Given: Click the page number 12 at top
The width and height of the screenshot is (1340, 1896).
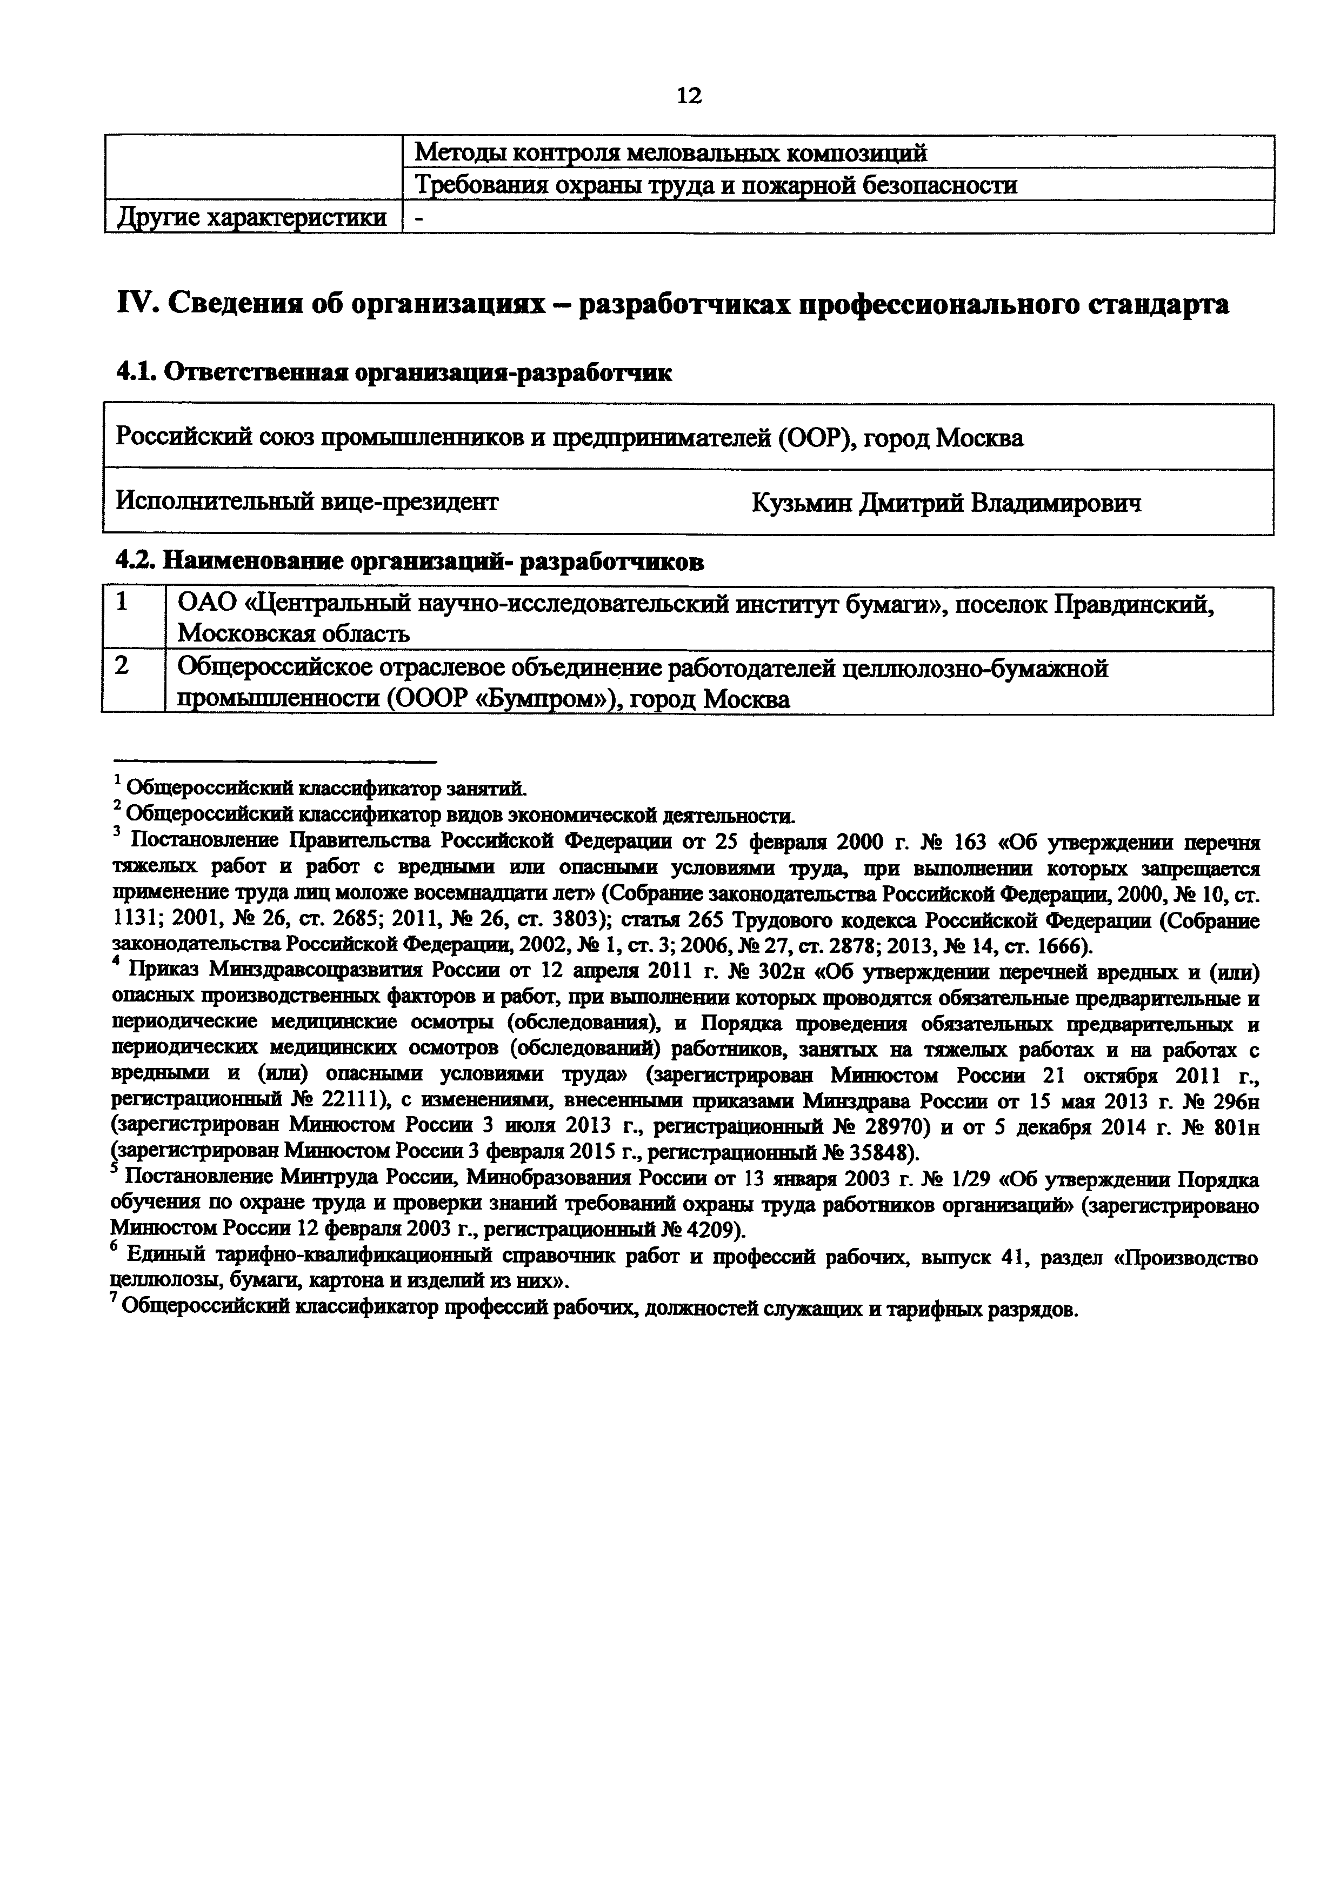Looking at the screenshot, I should tap(689, 97).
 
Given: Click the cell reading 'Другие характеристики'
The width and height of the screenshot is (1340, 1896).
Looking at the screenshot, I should tap(252, 218).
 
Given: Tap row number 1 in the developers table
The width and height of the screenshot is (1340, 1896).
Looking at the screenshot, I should tap(122, 604).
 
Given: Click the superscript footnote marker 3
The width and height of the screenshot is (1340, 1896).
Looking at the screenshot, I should tap(116, 835).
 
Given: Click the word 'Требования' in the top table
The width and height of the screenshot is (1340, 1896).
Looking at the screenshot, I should tap(481, 186).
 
